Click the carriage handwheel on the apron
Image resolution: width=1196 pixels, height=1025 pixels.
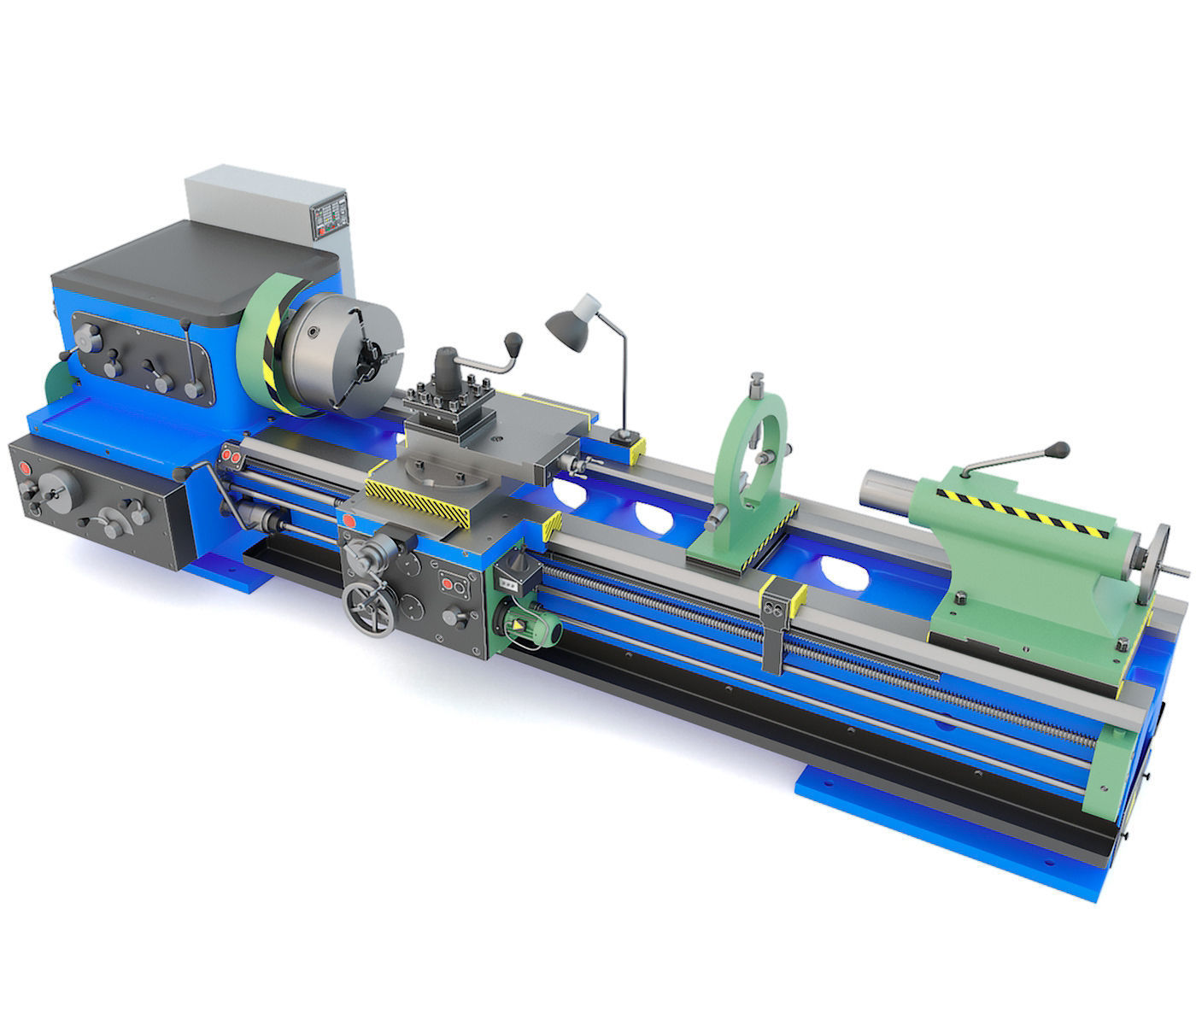pyautogui.click(x=366, y=608)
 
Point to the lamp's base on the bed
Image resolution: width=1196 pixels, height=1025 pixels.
pyautogui.click(x=626, y=438)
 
